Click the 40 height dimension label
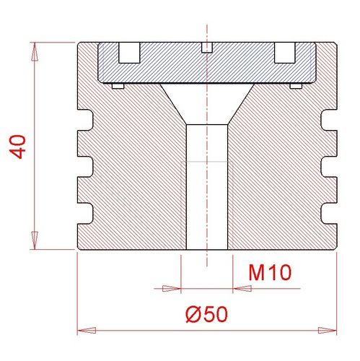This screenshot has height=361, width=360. click(x=17, y=147)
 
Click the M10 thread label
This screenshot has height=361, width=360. click(x=270, y=273)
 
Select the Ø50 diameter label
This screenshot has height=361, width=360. click(x=206, y=314)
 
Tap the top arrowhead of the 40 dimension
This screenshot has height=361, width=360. click(x=35, y=51)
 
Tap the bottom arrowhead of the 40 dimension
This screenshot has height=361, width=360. click(x=35, y=240)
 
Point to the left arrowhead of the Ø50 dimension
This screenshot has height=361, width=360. click(x=87, y=331)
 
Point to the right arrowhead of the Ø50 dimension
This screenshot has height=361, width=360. click(x=328, y=331)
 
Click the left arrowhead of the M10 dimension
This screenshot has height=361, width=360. click(x=172, y=288)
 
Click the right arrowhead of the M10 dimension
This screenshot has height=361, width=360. click(x=242, y=288)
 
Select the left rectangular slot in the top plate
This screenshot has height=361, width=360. click(x=129, y=53)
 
